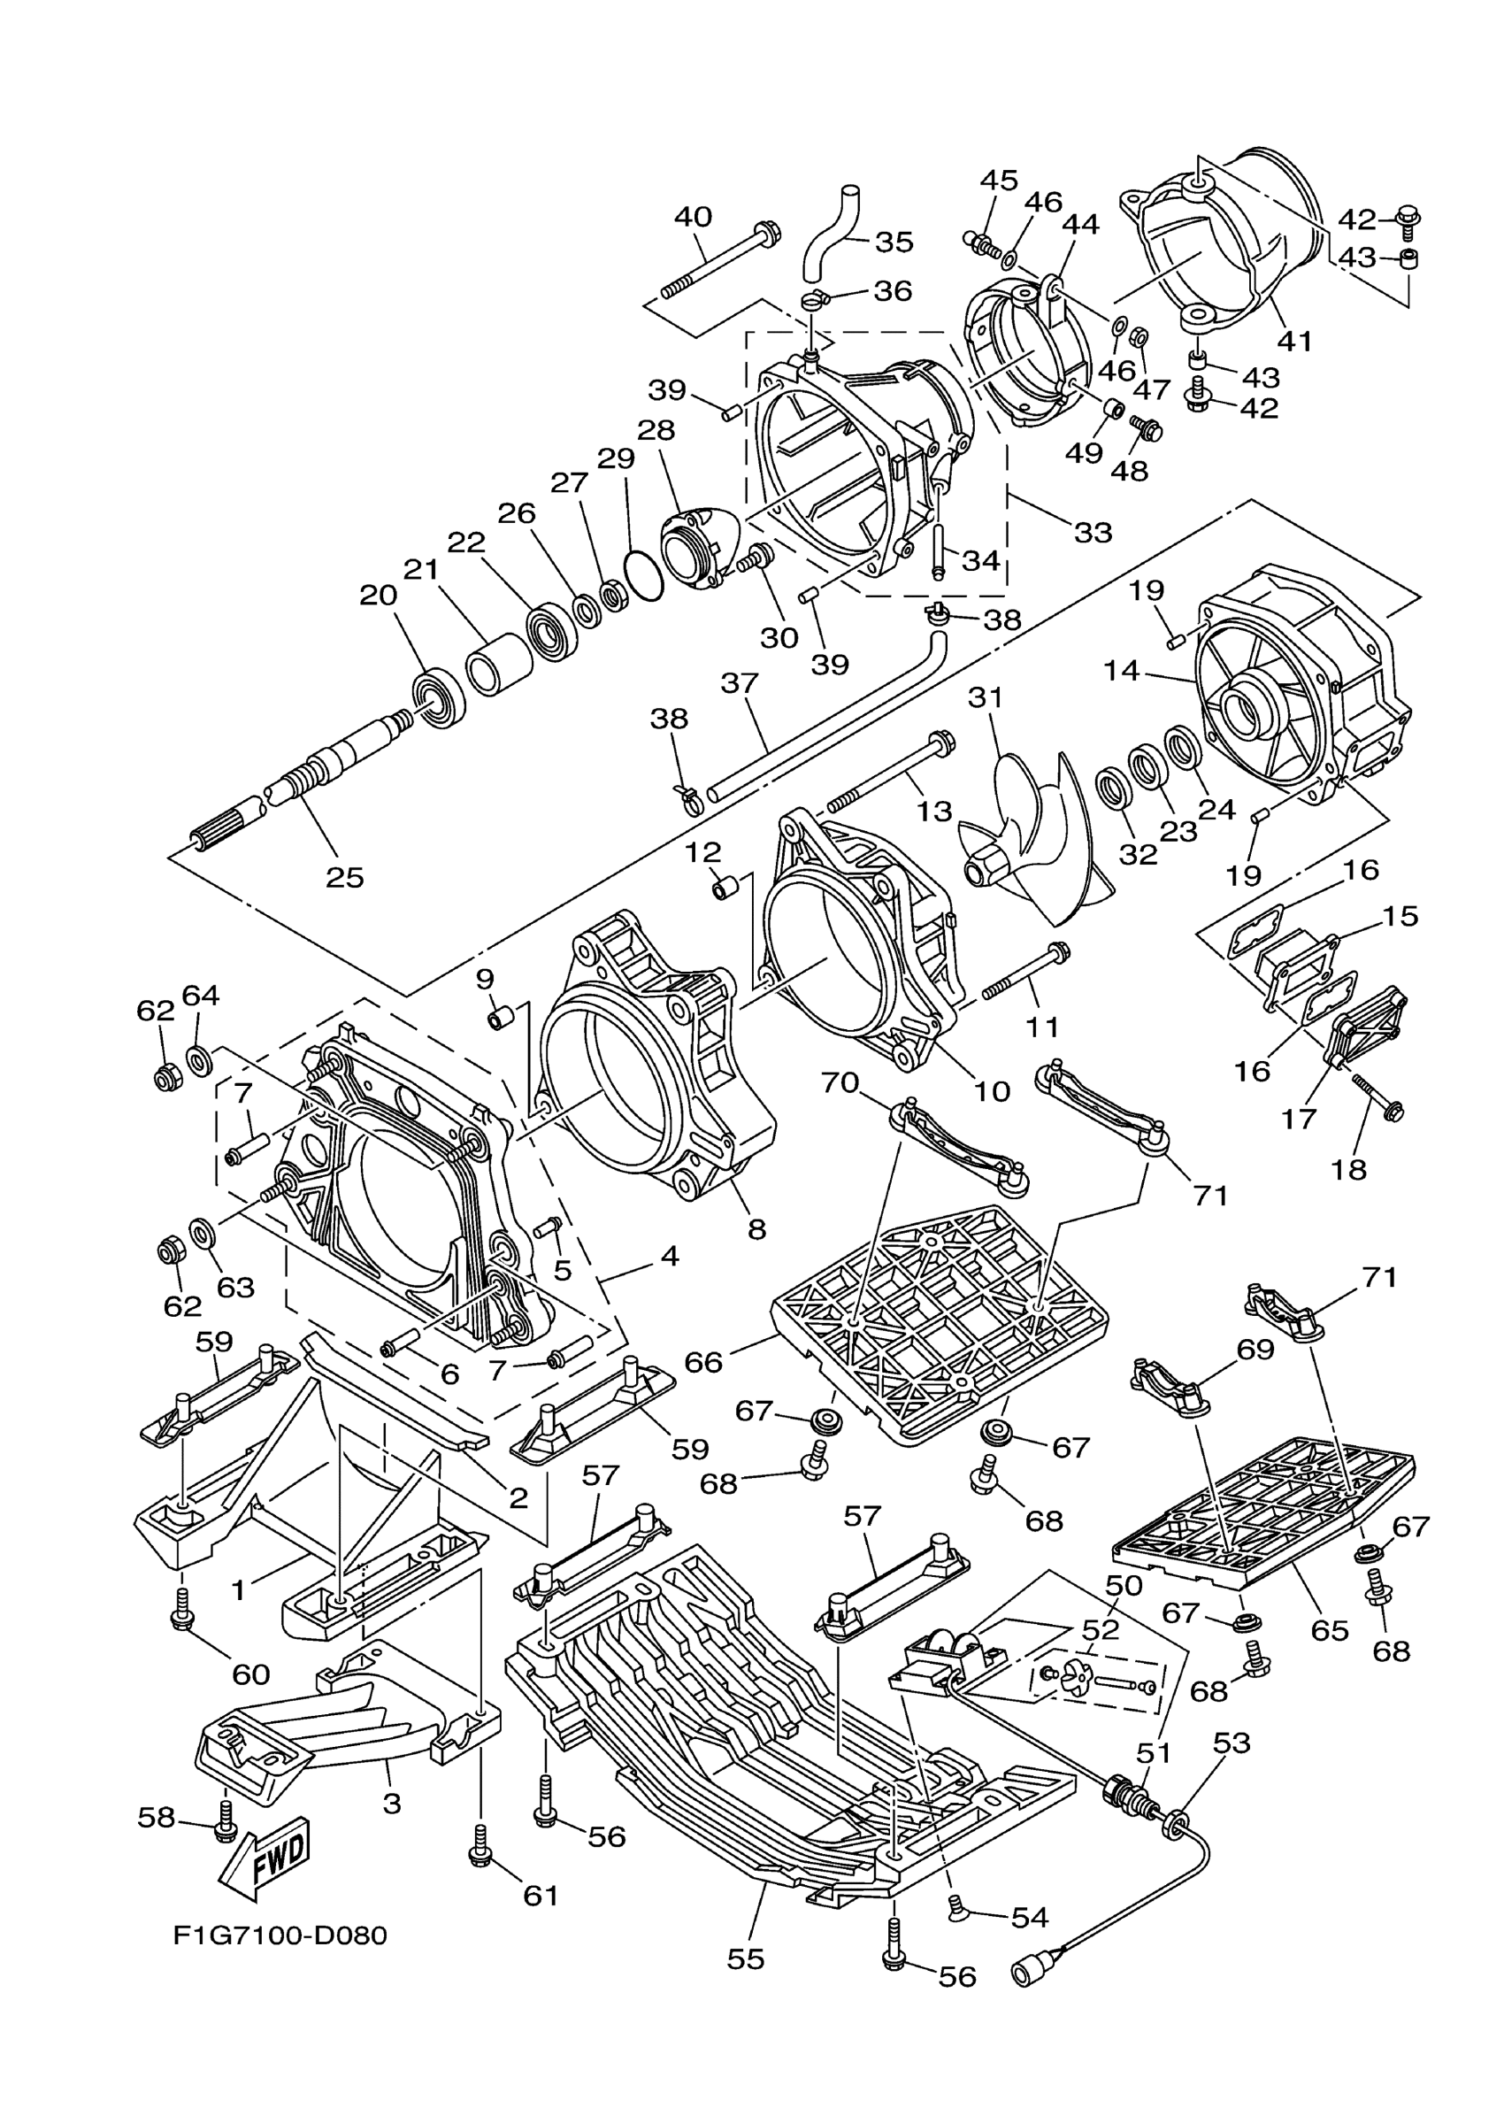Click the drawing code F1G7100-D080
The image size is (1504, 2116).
(280, 1936)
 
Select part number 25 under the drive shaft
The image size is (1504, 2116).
(344, 877)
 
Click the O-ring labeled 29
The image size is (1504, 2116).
(645, 575)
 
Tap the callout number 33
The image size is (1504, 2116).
(1093, 533)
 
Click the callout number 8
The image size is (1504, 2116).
(756, 1229)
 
